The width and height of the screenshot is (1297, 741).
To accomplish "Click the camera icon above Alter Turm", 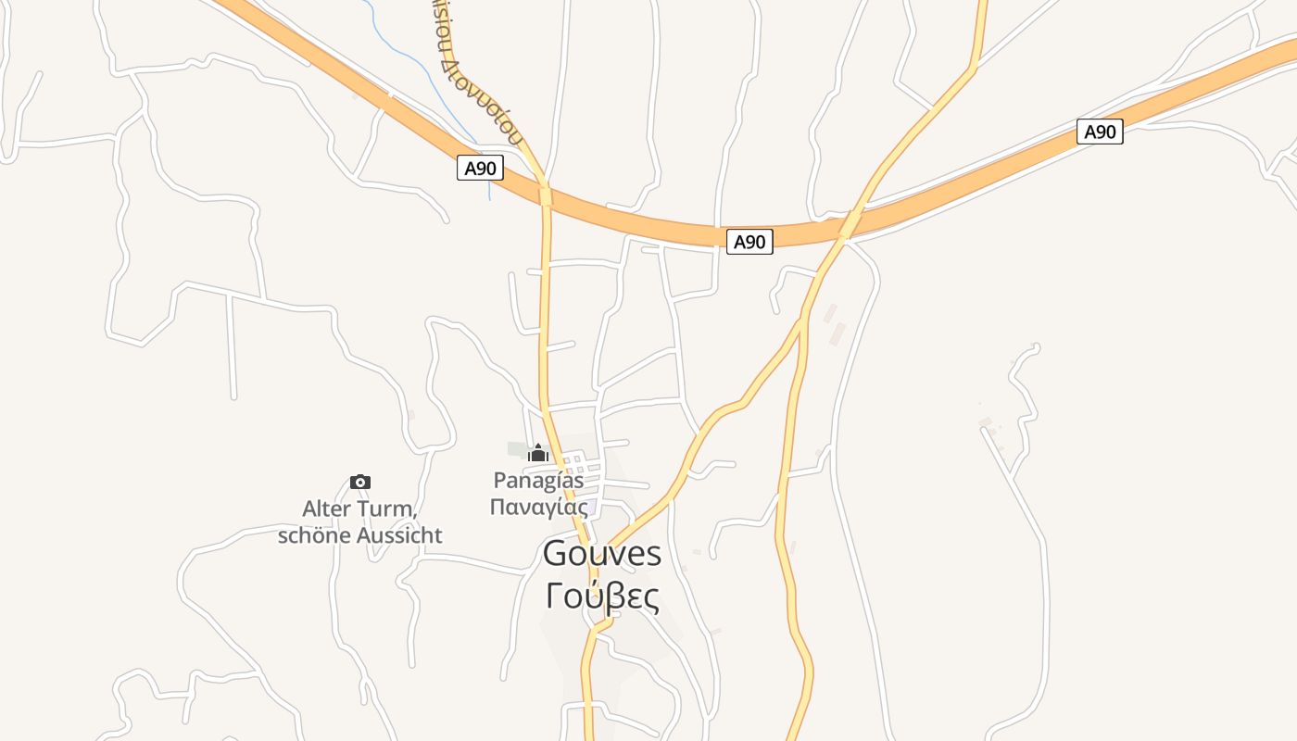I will [360, 482].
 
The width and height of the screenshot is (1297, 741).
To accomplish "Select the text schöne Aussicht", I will [359, 535].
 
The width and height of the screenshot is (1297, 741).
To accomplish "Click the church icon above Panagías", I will [538, 453].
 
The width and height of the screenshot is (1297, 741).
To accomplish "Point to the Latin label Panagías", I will [538, 480].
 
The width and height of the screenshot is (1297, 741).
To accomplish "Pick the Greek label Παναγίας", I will [538, 507].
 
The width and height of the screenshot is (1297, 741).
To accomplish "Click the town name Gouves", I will [602, 554].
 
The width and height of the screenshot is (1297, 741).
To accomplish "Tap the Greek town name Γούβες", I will [602, 597].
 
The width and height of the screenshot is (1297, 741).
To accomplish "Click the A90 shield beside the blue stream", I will [480, 169].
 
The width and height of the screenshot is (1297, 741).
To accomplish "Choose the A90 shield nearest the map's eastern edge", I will [1100, 132].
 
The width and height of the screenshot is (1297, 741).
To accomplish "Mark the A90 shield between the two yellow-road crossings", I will [749, 242].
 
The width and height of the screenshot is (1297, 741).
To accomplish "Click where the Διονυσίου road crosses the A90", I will [545, 195].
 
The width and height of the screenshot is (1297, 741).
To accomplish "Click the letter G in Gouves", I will [555, 554].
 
